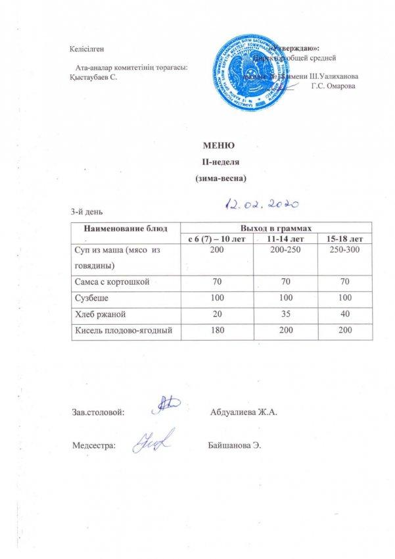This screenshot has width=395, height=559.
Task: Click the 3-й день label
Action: pos(86,210)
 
